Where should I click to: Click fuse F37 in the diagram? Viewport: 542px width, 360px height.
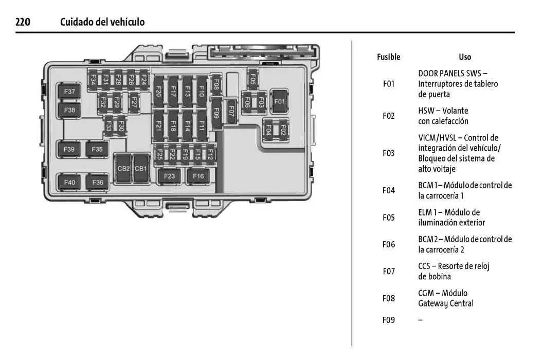(x=69, y=93)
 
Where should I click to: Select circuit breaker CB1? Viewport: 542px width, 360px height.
(x=140, y=169)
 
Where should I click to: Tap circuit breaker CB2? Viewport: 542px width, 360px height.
(x=123, y=169)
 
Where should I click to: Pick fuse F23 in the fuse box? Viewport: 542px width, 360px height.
(x=169, y=176)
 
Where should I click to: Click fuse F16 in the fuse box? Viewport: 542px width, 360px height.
(x=198, y=176)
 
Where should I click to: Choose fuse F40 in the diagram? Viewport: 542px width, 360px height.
(x=69, y=182)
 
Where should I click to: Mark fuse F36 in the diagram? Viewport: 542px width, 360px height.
(x=98, y=182)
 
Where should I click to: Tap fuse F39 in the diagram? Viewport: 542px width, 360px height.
(x=69, y=150)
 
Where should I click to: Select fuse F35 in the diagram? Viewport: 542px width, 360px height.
(x=97, y=150)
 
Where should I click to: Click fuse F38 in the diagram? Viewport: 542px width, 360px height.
(x=69, y=110)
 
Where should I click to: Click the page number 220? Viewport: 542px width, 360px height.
(x=23, y=22)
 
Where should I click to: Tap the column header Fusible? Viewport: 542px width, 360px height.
(x=388, y=57)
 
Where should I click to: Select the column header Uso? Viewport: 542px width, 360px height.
(x=465, y=57)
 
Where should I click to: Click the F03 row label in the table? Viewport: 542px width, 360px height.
(x=389, y=153)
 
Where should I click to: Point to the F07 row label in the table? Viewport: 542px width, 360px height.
(x=389, y=271)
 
